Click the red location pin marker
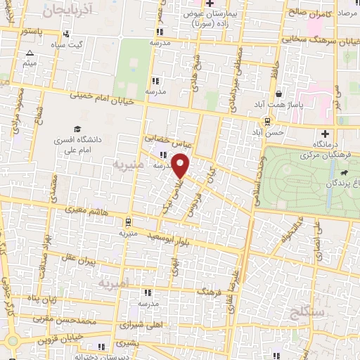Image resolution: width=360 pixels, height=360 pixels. click(181, 166)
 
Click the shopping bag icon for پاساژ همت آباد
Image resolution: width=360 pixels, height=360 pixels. click(279, 94)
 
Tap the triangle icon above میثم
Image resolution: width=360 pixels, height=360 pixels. click(30, 53)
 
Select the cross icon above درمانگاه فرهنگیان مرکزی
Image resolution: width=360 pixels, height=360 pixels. click(325, 134)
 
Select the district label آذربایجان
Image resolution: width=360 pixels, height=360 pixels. click(67, 10)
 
